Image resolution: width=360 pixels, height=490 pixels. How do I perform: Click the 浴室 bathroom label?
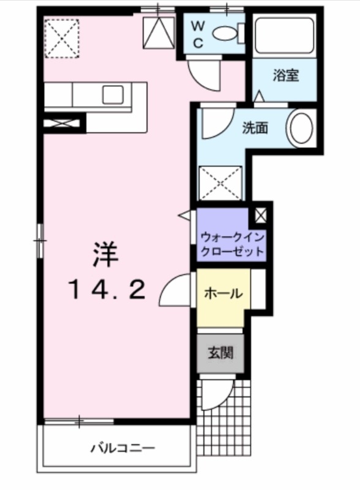tap(285, 77)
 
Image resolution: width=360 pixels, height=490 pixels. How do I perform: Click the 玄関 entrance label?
tap(220, 353)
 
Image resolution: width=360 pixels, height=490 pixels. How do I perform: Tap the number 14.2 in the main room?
tap(107, 288)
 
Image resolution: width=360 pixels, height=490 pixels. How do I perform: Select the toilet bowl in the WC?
tap(227, 33)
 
